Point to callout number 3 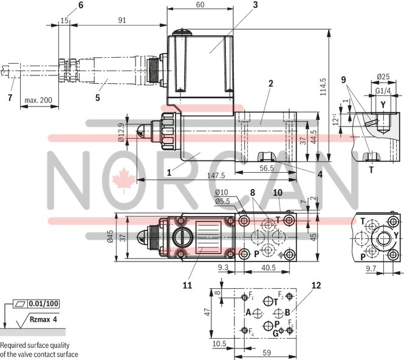point(239,5)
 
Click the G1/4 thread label point(383,91)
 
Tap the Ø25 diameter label point(383,77)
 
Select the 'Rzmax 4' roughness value point(46,319)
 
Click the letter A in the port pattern point(248,312)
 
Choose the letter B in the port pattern point(287,312)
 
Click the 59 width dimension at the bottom point(266,351)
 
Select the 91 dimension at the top point(122,20)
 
